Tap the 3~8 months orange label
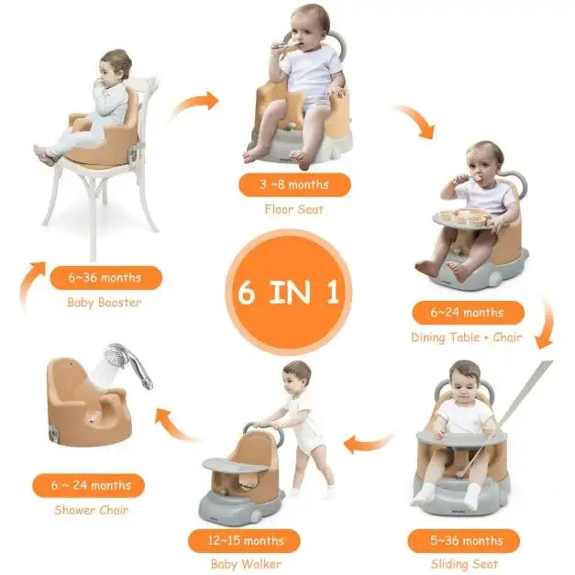[x=293, y=184]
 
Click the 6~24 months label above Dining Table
[x=468, y=313]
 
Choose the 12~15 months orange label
[x=245, y=541]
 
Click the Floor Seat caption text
[x=293, y=210]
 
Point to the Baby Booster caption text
[x=105, y=303]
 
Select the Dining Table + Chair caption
[x=467, y=337]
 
